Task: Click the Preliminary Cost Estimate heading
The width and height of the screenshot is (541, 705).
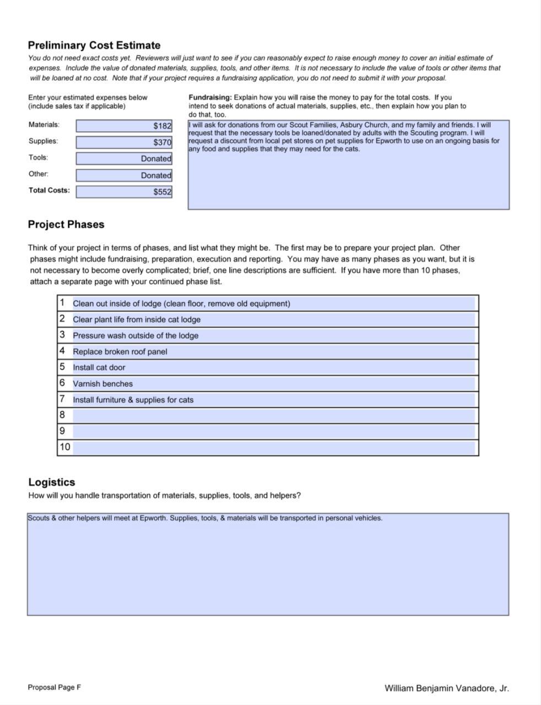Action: pos(94,46)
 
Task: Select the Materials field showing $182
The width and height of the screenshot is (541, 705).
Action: pos(124,126)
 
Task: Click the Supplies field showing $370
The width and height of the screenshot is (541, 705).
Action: pos(124,143)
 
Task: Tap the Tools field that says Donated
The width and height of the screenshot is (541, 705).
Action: pos(124,159)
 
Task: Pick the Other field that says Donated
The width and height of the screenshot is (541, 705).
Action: pos(124,176)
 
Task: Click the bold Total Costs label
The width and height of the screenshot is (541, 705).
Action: pos(49,191)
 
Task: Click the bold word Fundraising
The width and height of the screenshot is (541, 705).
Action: pos(210,97)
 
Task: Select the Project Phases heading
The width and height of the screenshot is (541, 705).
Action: pos(66,225)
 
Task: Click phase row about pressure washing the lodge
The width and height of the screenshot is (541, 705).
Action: pos(136,335)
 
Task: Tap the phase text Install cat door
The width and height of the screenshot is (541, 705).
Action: pos(99,367)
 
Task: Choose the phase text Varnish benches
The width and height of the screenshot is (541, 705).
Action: pos(102,384)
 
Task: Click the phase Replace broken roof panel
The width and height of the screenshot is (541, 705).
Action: pos(120,351)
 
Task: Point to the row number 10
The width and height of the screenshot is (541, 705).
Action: pos(64,447)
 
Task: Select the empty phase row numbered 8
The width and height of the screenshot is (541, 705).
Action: pos(273,415)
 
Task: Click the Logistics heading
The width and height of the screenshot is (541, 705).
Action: pos(52,482)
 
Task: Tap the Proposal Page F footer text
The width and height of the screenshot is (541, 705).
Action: pos(55,687)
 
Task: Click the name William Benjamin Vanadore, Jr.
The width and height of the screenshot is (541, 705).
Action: pos(446,688)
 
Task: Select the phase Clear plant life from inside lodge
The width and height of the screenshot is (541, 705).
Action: pos(137,319)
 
